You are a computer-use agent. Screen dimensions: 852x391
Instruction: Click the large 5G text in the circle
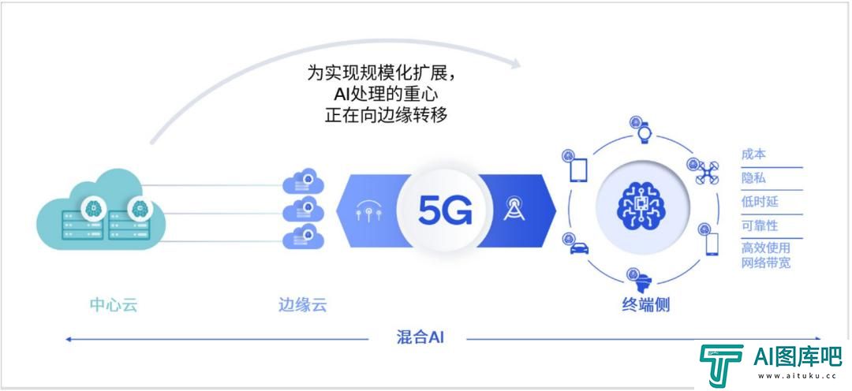[x=445, y=210]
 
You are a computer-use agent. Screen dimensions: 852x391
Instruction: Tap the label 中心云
[x=114, y=304]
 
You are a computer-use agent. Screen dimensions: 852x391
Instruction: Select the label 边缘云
[x=303, y=304]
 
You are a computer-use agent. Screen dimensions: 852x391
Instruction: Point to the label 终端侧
[x=645, y=304]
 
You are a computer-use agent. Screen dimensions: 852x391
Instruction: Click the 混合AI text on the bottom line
[x=420, y=337]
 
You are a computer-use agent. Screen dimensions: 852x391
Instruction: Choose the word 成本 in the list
[x=753, y=155]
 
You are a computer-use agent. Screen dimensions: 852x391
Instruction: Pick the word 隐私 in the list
[x=753, y=177]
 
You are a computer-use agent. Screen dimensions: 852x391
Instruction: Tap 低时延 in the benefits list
[x=760, y=202]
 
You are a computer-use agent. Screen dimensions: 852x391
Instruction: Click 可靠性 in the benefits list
[x=760, y=225]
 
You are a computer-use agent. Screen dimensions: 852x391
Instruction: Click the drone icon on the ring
[x=707, y=173]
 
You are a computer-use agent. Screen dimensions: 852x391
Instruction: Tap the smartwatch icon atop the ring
[x=645, y=133]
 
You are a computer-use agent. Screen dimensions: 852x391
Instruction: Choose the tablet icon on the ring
[x=578, y=170]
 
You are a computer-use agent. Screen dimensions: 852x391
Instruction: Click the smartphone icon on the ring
[x=712, y=244]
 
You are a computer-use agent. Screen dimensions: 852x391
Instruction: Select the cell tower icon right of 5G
[x=514, y=208]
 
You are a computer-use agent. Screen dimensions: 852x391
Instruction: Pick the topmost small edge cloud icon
[x=303, y=181]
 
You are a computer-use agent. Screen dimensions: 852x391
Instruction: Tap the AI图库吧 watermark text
[x=798, y=356]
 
